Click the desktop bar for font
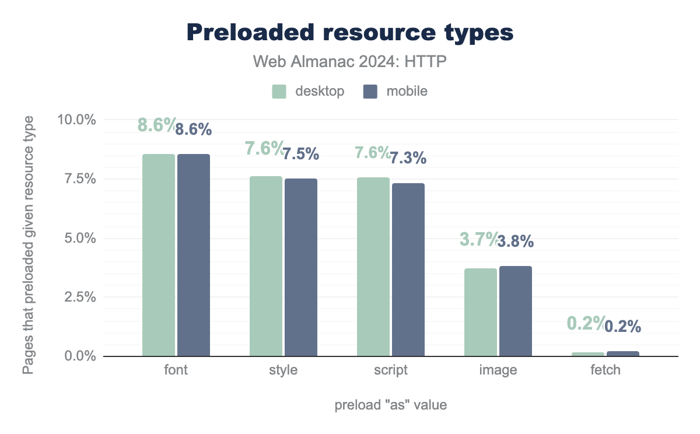point(159,255)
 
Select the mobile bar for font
point(194,255)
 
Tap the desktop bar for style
point(266,266)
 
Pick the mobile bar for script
point(408,269)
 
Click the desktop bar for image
point(481,312)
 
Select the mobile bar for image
point(516,311)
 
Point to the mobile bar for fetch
point(623,353)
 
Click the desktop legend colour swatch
point(279,92)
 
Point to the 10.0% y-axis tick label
point(76,120)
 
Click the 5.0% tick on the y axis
point(79,238)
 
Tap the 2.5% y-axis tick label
point(79,297)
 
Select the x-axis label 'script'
point(391,370)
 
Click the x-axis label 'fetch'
point(605,370)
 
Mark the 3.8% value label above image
point(516,242)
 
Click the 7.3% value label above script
point(408,158)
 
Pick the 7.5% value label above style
point(301,154)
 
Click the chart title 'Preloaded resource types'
point(350,33)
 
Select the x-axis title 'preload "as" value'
point(391,405)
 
